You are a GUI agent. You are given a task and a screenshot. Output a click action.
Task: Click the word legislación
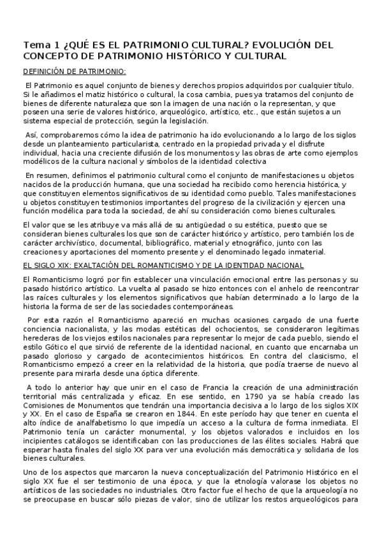click(186, 121)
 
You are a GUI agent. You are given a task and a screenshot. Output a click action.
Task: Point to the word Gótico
click(52, 346)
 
